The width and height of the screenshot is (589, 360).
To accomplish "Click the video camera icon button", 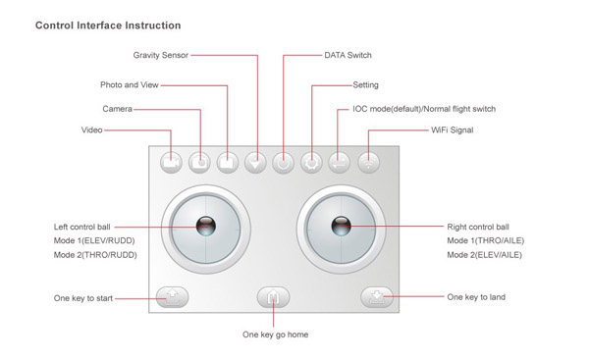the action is pyautogui.click(x=171, y=163).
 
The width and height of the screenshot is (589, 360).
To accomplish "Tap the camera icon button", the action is pyautogui.click(x=199, y=163).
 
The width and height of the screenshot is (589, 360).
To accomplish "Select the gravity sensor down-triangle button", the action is pyautogui.click(x=255, y=163).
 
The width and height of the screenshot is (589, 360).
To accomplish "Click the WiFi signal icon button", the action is pyautogui.click(x=368, y=163).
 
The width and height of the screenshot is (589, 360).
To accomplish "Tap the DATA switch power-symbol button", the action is pyautogui.click(x=284, y=163).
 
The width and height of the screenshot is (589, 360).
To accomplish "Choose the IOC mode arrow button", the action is pyautogui.click(x=340, y=163).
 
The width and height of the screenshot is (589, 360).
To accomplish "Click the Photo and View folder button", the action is pyautogui.click(x=228, y=163).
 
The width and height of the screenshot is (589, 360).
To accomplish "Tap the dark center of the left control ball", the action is pyautogui.click(x=206, y=226).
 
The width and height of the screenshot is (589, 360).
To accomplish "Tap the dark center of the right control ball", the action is pyautogui.click(x=341, y=226).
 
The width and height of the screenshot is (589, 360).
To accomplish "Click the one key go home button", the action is pyautogui.click(x=273, y=297).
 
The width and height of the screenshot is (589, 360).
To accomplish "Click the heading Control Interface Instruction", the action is pyautogui.click(x=108, y=26).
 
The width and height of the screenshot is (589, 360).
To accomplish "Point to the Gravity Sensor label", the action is pyautogui.click(x=161, y=55).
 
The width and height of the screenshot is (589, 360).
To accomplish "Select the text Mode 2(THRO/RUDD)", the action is pyautogui.click(x=95, y=255).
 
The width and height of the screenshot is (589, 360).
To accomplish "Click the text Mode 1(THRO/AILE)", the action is pyautogui.click(x=485, y=240).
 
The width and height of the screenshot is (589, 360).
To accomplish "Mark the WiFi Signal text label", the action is pyautogui.click(x=453, y=130).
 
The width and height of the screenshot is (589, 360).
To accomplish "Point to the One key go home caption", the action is pyautogui.click(x=275, y=334).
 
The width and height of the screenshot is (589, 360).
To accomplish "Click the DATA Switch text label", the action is pyautogui.click(x=348, y=55).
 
